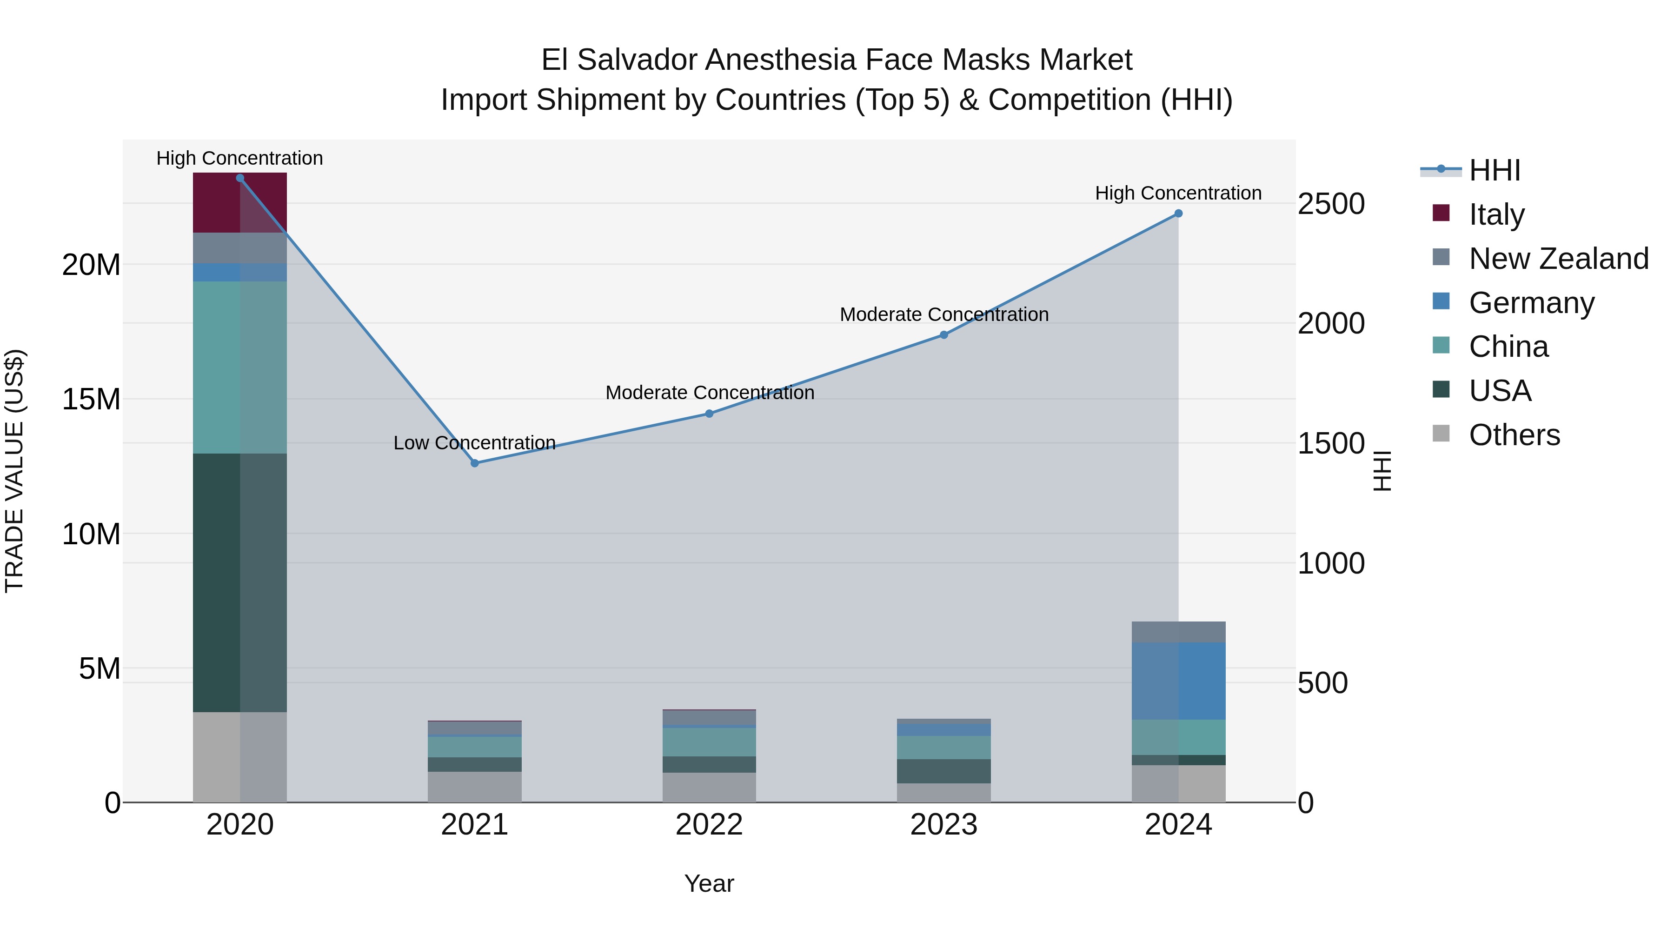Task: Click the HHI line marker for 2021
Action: pos(474,463)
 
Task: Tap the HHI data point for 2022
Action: pos(709,414)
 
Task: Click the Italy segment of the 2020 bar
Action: pos(240,203)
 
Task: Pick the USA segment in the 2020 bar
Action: pos(240,582)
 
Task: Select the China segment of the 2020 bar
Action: pos(240,367)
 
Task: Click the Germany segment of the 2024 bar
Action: pos(1178,681)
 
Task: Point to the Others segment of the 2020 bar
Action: pos(240,757)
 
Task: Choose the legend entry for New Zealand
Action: pos(1558,259)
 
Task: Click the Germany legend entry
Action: pos(1531,303)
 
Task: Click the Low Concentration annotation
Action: pos(474,443)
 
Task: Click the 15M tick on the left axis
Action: pos(91,399)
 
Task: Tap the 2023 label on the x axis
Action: pos(943,825)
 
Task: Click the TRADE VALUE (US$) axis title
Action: pos(14,471)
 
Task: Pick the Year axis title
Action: pos(709,883)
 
